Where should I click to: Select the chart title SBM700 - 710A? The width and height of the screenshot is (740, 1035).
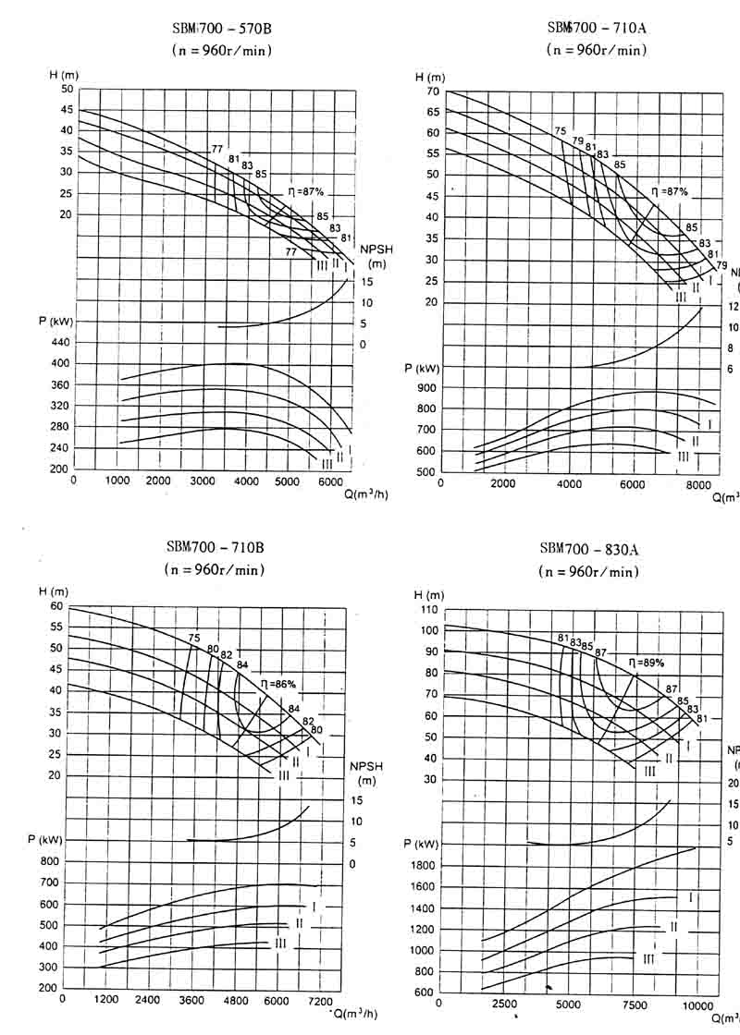(596, 28)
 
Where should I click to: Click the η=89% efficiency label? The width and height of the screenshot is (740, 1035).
(647, 663)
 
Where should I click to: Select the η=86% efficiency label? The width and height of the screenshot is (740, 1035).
(277, 684)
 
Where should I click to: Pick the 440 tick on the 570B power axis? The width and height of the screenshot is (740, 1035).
(59, 342)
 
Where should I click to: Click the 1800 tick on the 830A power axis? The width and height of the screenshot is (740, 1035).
(422, 866)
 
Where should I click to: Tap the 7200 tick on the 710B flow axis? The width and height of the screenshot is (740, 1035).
(319, 1001)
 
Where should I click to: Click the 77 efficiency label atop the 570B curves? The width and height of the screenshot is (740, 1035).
(216, 149)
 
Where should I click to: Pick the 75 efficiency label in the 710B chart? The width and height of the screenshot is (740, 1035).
(193, 638)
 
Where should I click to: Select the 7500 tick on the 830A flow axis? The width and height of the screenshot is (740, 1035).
(634, 1005)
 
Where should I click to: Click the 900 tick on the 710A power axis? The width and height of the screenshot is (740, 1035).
(425, 388)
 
